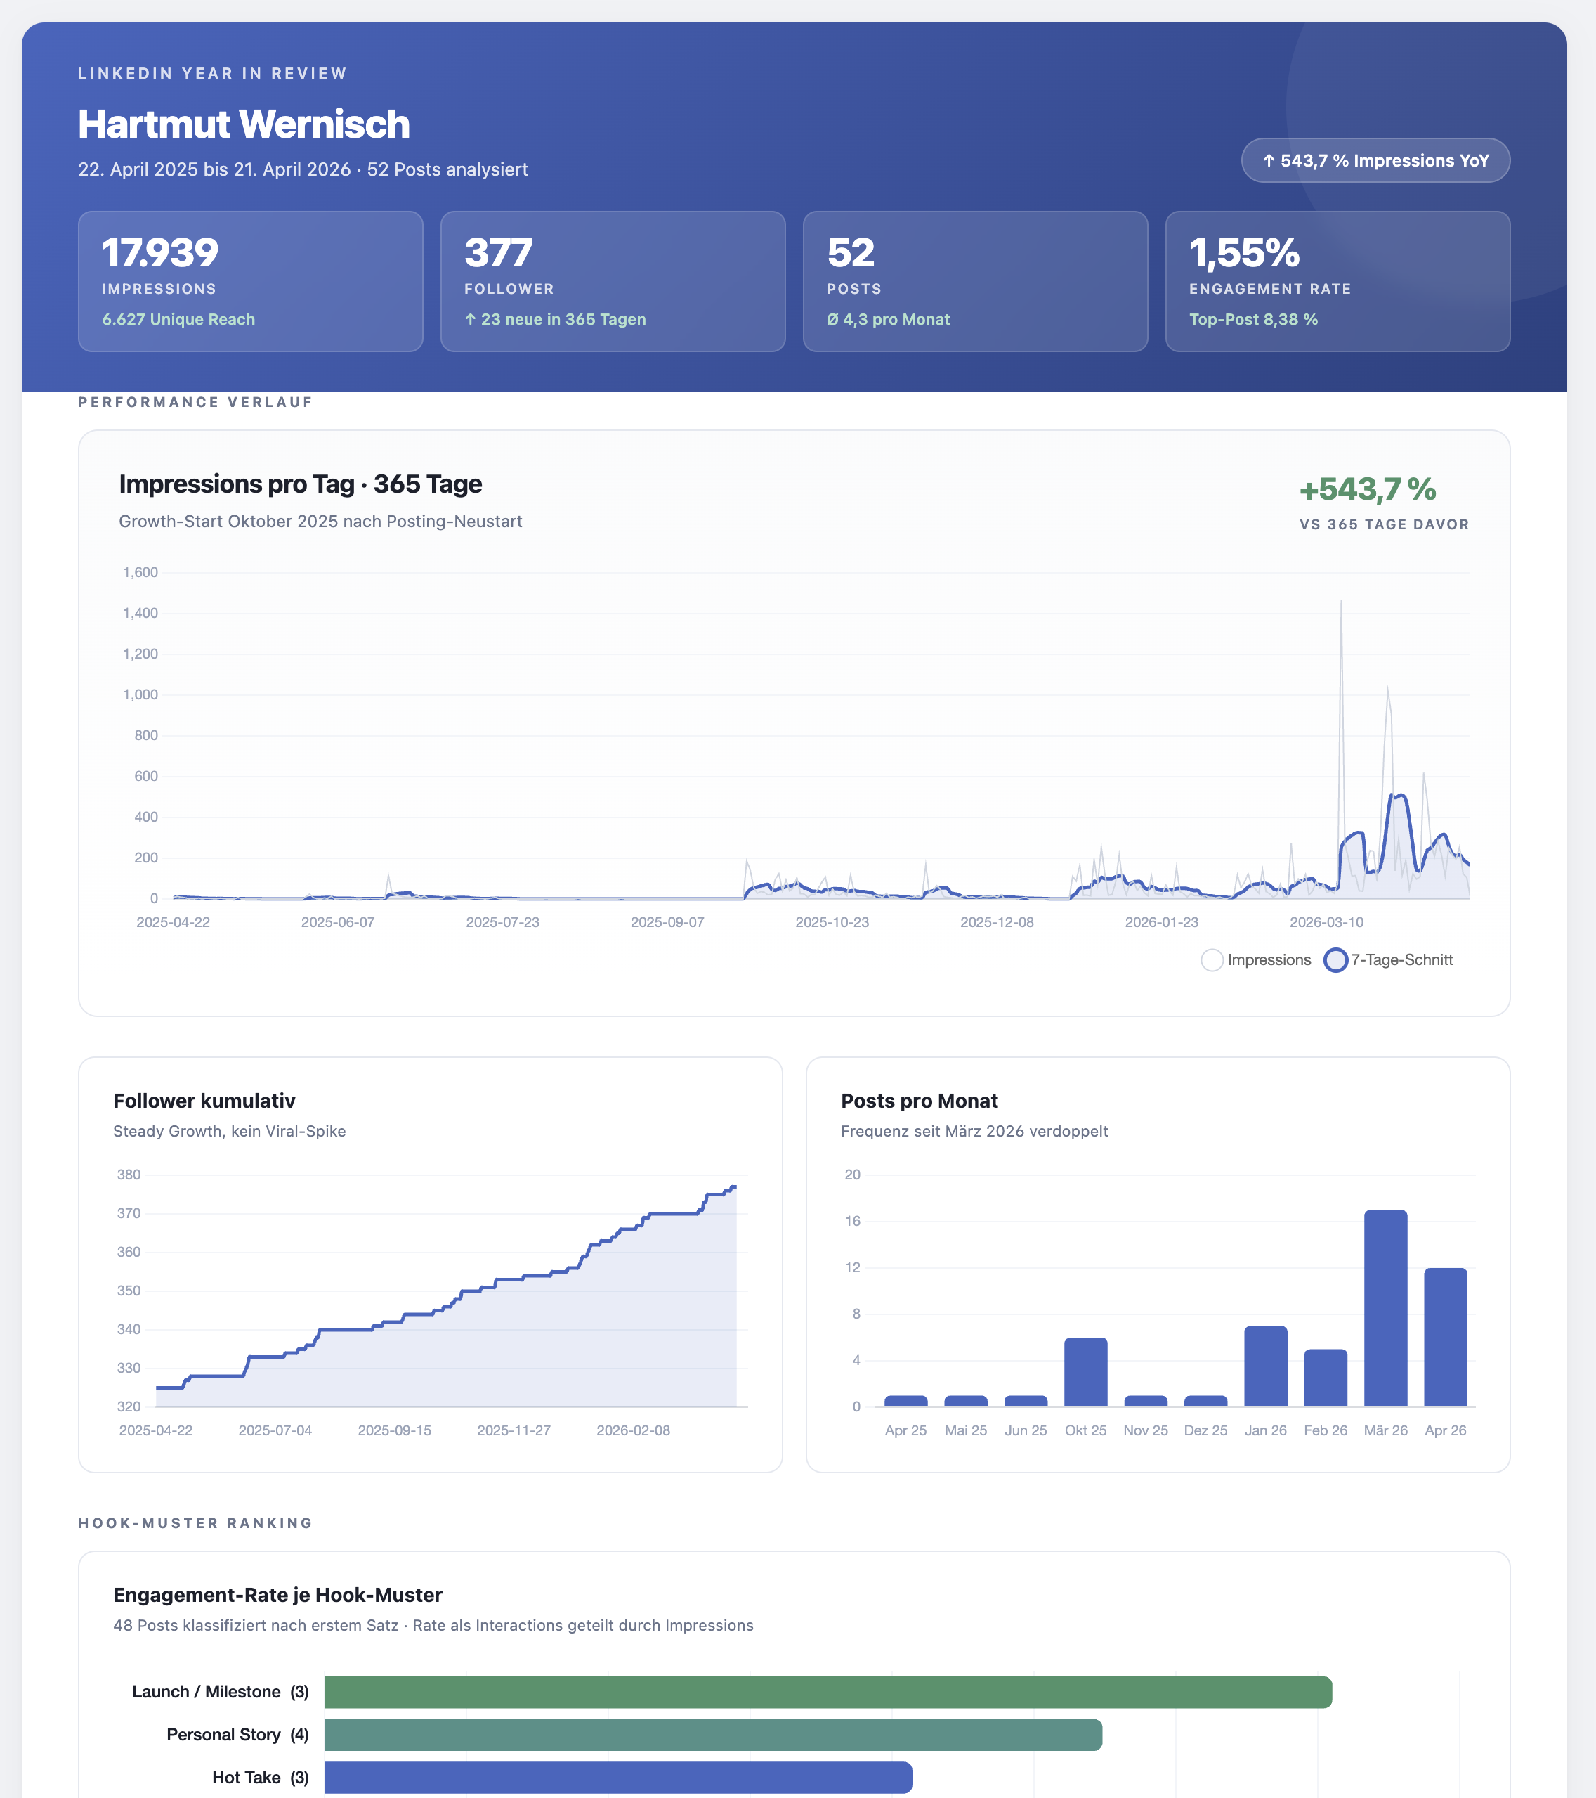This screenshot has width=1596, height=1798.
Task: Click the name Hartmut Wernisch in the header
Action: [x=244, y=124]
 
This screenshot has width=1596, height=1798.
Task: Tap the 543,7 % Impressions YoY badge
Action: [x=1375, y=161]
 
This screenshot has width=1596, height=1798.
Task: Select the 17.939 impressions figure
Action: [x=160, y=253]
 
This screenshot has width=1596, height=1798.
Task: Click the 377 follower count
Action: [x=498, y=253]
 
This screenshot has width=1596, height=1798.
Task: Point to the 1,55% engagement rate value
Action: [x=1243, y=253]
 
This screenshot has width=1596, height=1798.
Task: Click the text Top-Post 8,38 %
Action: [x=1253, y=319]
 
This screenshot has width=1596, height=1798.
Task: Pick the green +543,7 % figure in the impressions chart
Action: [x=1368, y=489]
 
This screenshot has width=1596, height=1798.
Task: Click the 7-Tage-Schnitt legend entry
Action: [x=1401, y=959]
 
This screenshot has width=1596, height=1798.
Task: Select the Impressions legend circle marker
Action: [x=1212, y=959]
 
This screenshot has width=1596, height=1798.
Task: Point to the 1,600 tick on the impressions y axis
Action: [x=140, y=573]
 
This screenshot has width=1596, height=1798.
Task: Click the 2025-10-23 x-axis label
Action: [x=832, y=922]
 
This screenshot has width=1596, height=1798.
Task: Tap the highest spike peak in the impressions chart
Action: [x=1341, y=602]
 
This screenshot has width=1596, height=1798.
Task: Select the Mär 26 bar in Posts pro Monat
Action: [x=1385, y=1308]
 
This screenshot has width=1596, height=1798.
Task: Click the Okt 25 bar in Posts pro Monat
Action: [x=1085, y=1372]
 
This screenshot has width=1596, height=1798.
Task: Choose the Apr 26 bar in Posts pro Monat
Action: [x=1445, y=1337]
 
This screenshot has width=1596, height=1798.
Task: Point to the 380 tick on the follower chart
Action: [x=129, y=1175]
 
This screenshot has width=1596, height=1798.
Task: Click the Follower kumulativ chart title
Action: [x=204, y=1101]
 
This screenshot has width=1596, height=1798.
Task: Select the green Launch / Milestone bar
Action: [x=828, y=1692]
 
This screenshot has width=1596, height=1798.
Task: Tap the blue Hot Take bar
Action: [x=617, y=1777]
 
